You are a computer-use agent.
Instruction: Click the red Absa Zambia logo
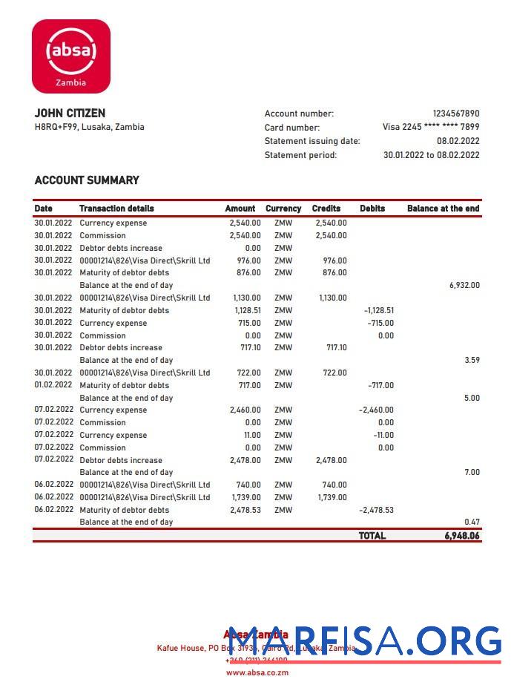point(71,56)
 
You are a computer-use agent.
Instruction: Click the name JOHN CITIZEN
point(70,113)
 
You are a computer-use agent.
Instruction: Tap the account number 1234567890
point(455,114)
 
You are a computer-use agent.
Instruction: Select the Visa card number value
point(430,127)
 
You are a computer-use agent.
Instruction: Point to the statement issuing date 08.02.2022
point(458,141)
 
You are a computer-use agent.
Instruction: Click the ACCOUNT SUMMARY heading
point(87,180)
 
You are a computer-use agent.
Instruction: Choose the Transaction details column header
point(116,209)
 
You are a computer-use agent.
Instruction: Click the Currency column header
point(283,209)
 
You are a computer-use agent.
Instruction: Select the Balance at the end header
point(443,209)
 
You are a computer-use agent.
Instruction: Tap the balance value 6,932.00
point(464,285)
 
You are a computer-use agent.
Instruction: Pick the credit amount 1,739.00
point(332,497)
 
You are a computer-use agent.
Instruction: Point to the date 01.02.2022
point(53,385)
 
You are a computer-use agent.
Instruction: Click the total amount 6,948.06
point(462,535)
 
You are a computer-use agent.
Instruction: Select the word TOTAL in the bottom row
point(372,535)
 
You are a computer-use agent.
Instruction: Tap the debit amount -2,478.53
point(376,510)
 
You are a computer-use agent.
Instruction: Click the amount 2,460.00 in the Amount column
point(245,410)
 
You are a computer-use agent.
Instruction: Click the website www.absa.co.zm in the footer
point(257,672)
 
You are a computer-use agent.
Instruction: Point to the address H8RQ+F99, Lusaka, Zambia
point(90,127)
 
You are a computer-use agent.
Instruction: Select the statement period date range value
point(431,155)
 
